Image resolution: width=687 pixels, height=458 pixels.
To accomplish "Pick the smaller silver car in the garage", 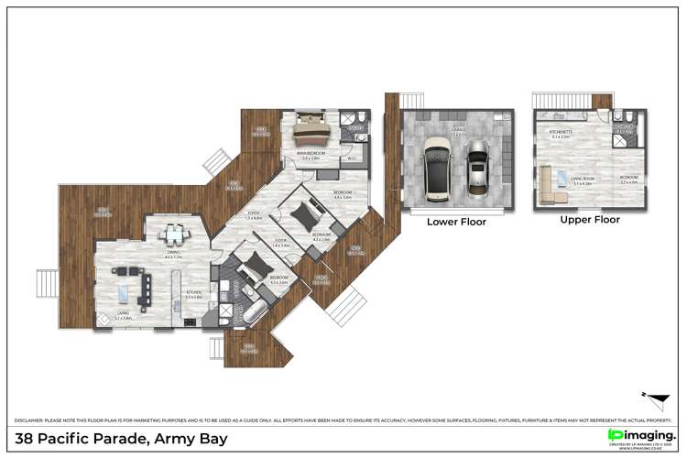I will click(476, 170).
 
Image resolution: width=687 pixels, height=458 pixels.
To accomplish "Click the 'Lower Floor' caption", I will click(456, 222).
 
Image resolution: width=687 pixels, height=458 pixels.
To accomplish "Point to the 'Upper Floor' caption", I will click(590, 220).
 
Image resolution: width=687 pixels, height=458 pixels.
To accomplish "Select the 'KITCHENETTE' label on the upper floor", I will click(561, 132).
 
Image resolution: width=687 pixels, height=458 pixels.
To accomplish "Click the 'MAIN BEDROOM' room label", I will click(311, 154).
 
